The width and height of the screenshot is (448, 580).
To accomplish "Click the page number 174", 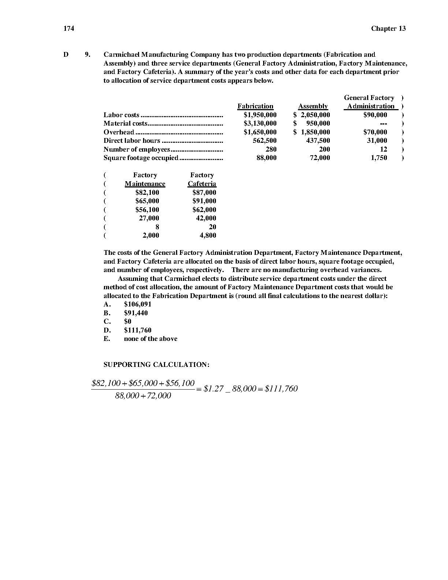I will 69,29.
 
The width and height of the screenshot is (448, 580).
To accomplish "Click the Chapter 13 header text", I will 388,29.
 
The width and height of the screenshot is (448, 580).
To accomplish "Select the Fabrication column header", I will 255,106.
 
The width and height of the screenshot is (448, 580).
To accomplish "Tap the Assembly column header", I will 313,106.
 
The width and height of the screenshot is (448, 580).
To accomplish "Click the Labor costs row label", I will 122,115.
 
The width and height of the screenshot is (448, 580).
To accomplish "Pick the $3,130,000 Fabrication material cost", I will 260,123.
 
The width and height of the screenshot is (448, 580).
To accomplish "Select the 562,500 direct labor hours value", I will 265,141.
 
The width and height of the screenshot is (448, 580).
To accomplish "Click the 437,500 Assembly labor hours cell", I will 318,141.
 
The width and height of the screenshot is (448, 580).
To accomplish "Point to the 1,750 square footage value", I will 379,158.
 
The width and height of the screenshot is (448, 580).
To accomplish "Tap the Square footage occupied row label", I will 141,158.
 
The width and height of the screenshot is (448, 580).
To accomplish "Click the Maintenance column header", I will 145,184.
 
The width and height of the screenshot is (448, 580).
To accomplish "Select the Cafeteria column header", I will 202,184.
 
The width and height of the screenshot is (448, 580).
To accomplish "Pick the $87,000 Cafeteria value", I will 204,193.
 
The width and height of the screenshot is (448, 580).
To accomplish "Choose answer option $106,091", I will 138,304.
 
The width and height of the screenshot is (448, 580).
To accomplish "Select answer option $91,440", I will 136,313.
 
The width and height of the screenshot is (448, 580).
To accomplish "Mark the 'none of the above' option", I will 150,339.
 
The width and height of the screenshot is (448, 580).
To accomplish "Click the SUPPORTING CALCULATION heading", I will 157,365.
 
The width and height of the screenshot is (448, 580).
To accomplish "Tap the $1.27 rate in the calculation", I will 213,389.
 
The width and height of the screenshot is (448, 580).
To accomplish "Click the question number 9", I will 87,55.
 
